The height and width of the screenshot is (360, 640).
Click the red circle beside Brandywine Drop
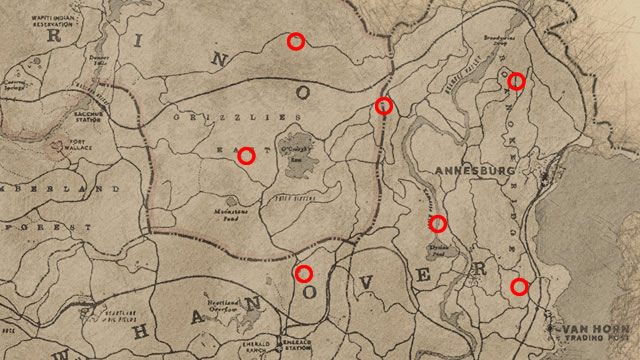[x=516, y=81]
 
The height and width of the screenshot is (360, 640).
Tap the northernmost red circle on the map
[x=295, y=41]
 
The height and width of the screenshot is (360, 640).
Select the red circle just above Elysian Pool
[x=437, y=222]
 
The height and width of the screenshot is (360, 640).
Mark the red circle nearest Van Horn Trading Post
[x=518, y=287]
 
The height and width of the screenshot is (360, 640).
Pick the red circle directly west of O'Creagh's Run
[x=246, y=155]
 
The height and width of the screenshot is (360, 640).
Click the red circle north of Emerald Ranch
[x=303, y=273]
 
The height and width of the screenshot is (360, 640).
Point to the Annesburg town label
[x=469, y=171]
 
